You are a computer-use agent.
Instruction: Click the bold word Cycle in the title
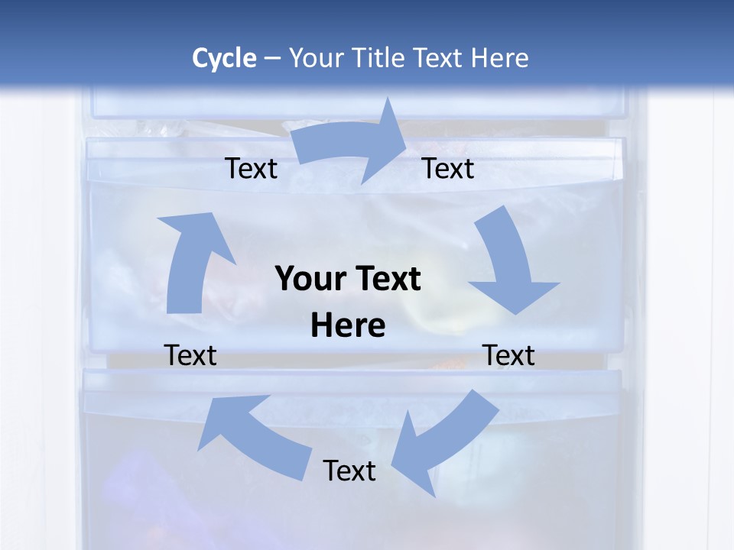224,58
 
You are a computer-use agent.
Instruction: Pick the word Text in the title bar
437,58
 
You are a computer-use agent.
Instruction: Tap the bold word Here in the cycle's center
348,325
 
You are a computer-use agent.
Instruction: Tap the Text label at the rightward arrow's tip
448,169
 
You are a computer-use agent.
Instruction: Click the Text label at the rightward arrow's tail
251,169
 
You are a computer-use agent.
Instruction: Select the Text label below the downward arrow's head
508,355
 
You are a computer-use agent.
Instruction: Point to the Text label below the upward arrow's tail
190,355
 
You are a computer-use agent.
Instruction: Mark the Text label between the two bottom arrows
349,471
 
